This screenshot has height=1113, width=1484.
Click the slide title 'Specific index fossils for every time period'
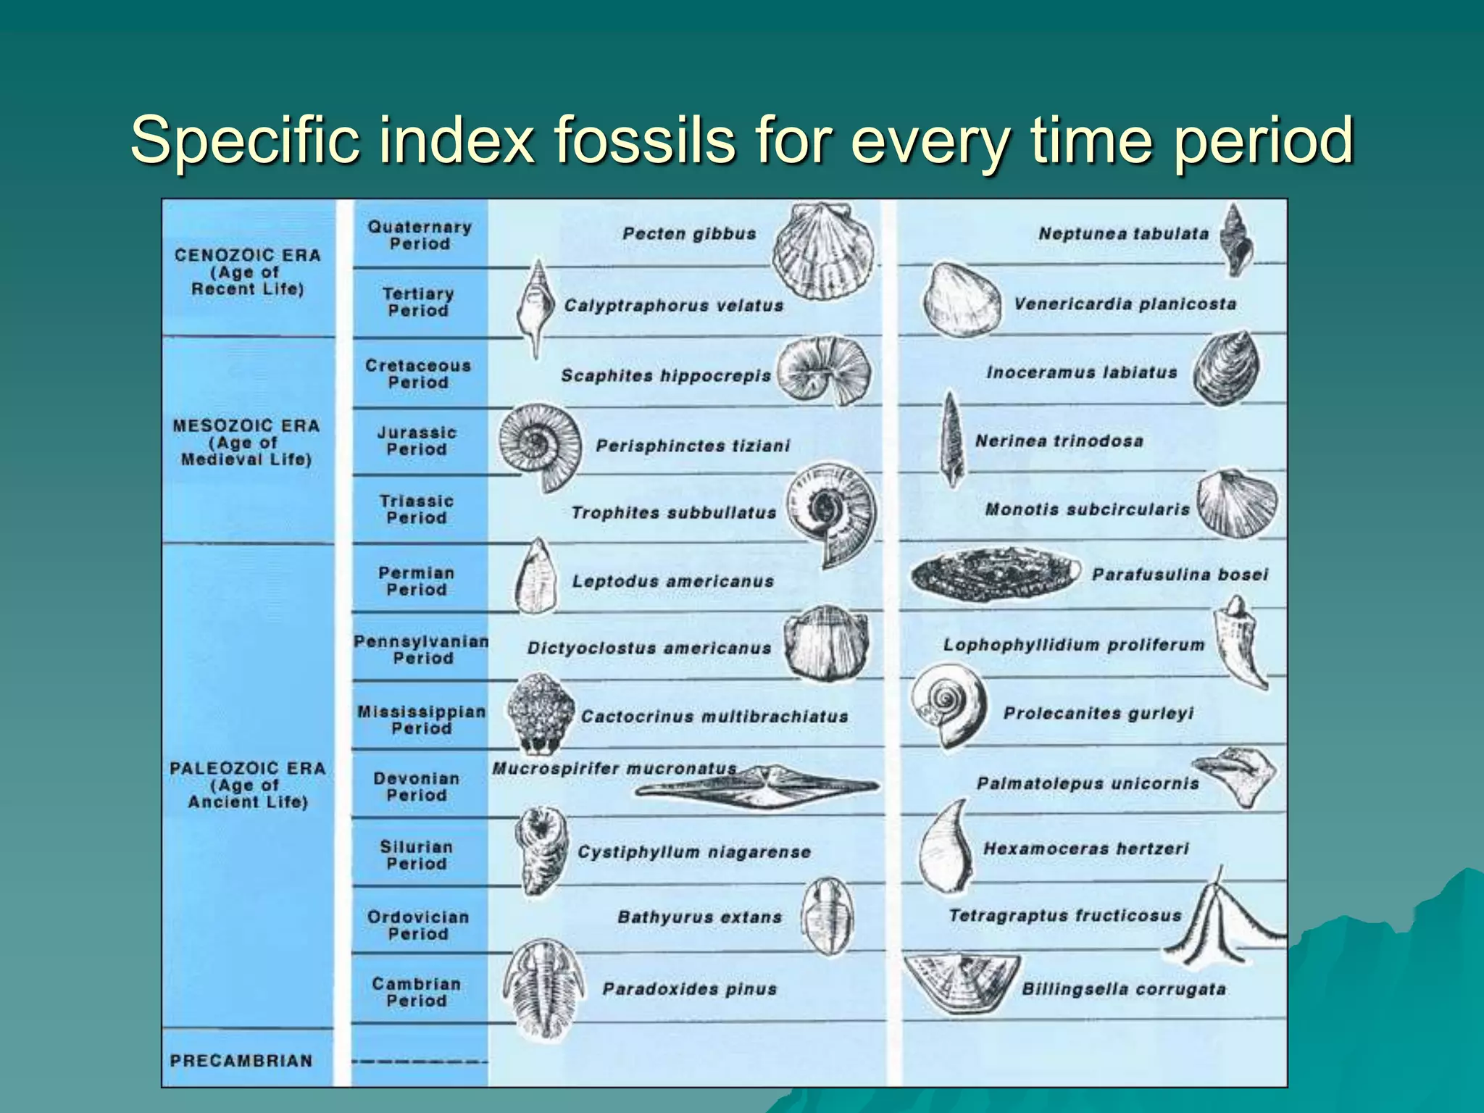pyautogui.click(x=742, y=139)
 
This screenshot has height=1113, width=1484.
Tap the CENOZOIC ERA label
pyautogui.click(x=247, y=272)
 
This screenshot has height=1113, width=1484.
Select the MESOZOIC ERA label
pyautogui.click(x=246, y=442)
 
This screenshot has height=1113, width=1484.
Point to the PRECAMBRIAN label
pyautogui.click(x=241, y=1060)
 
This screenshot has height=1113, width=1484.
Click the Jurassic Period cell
pyautogui.click(x=417, y=441)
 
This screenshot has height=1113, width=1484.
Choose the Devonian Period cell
pyautogui.click(x=417, y=786)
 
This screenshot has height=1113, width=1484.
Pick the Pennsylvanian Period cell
pyautogui.click(x=421, y=649)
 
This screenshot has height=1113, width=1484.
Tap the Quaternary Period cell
pyautogui.click(x=420, y=235)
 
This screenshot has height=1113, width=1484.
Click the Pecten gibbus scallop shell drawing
pyautogui.click(x=822, y=250)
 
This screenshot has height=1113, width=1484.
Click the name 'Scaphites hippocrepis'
pyautogui.click(x=665, y=375)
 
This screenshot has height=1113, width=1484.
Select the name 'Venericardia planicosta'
pyautogui.click(x=1125, y=304)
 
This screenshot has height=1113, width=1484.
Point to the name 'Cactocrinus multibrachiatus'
pyautogui.click(x=714, y=717)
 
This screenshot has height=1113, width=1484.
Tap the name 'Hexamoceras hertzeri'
pyautogui.click(x=1085, y=849)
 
